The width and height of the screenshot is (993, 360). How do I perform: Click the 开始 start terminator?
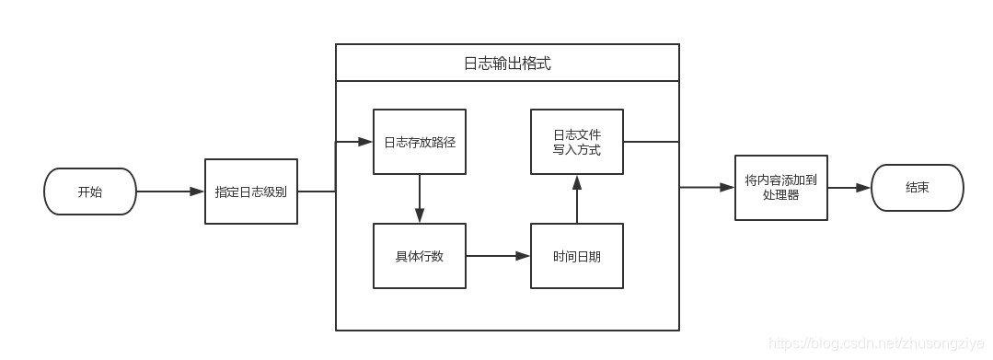90,192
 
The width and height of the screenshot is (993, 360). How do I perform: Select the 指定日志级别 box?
251,192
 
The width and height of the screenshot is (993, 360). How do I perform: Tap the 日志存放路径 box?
420,142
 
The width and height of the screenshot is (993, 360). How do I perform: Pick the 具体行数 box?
420,256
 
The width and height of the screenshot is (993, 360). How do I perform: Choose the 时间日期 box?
577,256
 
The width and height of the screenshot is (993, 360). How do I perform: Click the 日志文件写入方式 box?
577,142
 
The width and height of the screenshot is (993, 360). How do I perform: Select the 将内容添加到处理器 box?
780,188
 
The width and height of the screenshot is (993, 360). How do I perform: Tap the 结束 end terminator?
917,188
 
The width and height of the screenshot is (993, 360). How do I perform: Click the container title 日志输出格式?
507,64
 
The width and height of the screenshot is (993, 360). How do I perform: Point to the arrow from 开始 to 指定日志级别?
170,192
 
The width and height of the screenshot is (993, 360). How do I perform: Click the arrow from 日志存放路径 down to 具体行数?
420,198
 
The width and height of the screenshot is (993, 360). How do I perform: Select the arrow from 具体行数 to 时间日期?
498,256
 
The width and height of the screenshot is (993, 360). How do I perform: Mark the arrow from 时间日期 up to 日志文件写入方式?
577,199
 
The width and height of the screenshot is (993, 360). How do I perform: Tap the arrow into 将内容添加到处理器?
707,188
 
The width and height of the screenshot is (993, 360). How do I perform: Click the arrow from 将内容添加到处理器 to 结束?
849,188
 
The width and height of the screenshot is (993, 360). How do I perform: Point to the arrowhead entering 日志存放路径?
365,142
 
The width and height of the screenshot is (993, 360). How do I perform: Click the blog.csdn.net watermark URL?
876,343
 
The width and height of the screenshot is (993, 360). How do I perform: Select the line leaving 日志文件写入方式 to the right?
651,142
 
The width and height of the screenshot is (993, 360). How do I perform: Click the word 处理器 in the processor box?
780,196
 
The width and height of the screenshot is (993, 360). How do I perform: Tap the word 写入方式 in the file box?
577,150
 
